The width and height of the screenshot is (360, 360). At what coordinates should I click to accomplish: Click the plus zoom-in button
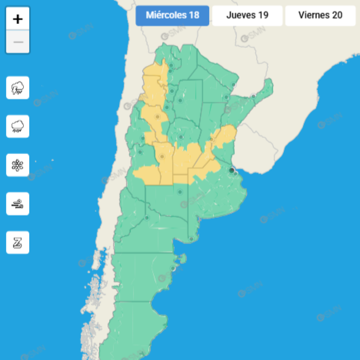18,19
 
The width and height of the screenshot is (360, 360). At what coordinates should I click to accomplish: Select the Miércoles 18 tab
172,15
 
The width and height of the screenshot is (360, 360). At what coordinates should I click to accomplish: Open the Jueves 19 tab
247,15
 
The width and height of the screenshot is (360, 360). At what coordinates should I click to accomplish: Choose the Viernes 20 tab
320,15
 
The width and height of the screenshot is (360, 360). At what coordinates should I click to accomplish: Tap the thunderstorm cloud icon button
18,87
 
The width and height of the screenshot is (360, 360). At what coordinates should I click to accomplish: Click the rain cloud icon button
18,126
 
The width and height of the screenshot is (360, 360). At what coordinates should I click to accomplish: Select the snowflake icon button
18,165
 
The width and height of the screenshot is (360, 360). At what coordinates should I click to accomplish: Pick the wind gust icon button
18,204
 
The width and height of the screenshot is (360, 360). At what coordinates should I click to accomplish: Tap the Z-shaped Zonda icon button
18,242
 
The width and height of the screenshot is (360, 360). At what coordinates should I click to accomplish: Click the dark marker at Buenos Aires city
231,170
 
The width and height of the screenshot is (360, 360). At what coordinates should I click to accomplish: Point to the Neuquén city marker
147,218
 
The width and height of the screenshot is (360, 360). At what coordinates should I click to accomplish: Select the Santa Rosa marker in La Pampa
180,192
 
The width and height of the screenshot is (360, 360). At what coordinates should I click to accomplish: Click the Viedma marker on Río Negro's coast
191,239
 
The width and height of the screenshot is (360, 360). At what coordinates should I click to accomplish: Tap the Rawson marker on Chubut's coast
172,268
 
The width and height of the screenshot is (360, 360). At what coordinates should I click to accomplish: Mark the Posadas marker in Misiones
253,96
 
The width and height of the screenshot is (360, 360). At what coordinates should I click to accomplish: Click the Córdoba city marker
181,137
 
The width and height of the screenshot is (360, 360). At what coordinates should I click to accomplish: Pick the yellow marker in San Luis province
162,157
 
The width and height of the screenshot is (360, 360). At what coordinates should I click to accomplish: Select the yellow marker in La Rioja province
157,117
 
